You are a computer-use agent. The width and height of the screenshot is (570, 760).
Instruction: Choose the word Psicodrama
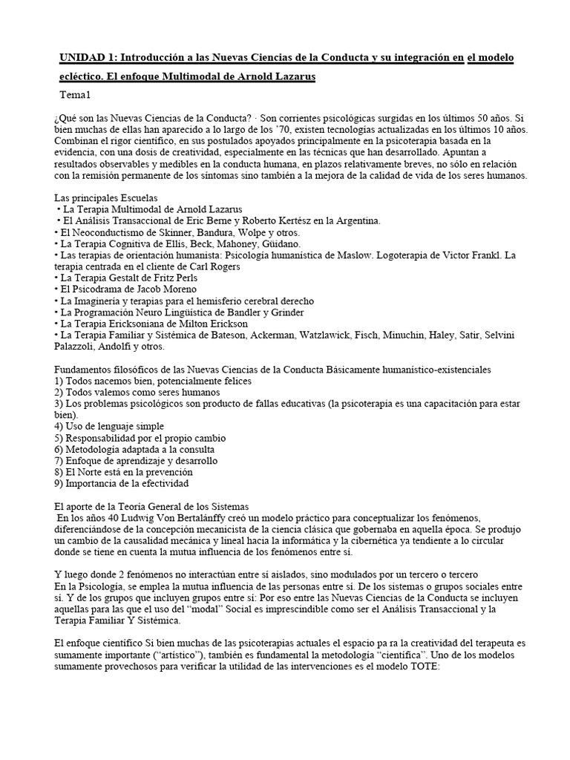(100, 289)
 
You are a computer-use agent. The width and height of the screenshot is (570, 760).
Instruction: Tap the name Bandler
(261, 312)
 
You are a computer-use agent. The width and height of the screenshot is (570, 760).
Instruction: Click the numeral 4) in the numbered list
(60, 426)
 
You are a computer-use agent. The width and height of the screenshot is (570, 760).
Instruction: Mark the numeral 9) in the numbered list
(60, 483)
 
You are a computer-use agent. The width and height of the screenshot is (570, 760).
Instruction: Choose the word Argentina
(355, 220)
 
